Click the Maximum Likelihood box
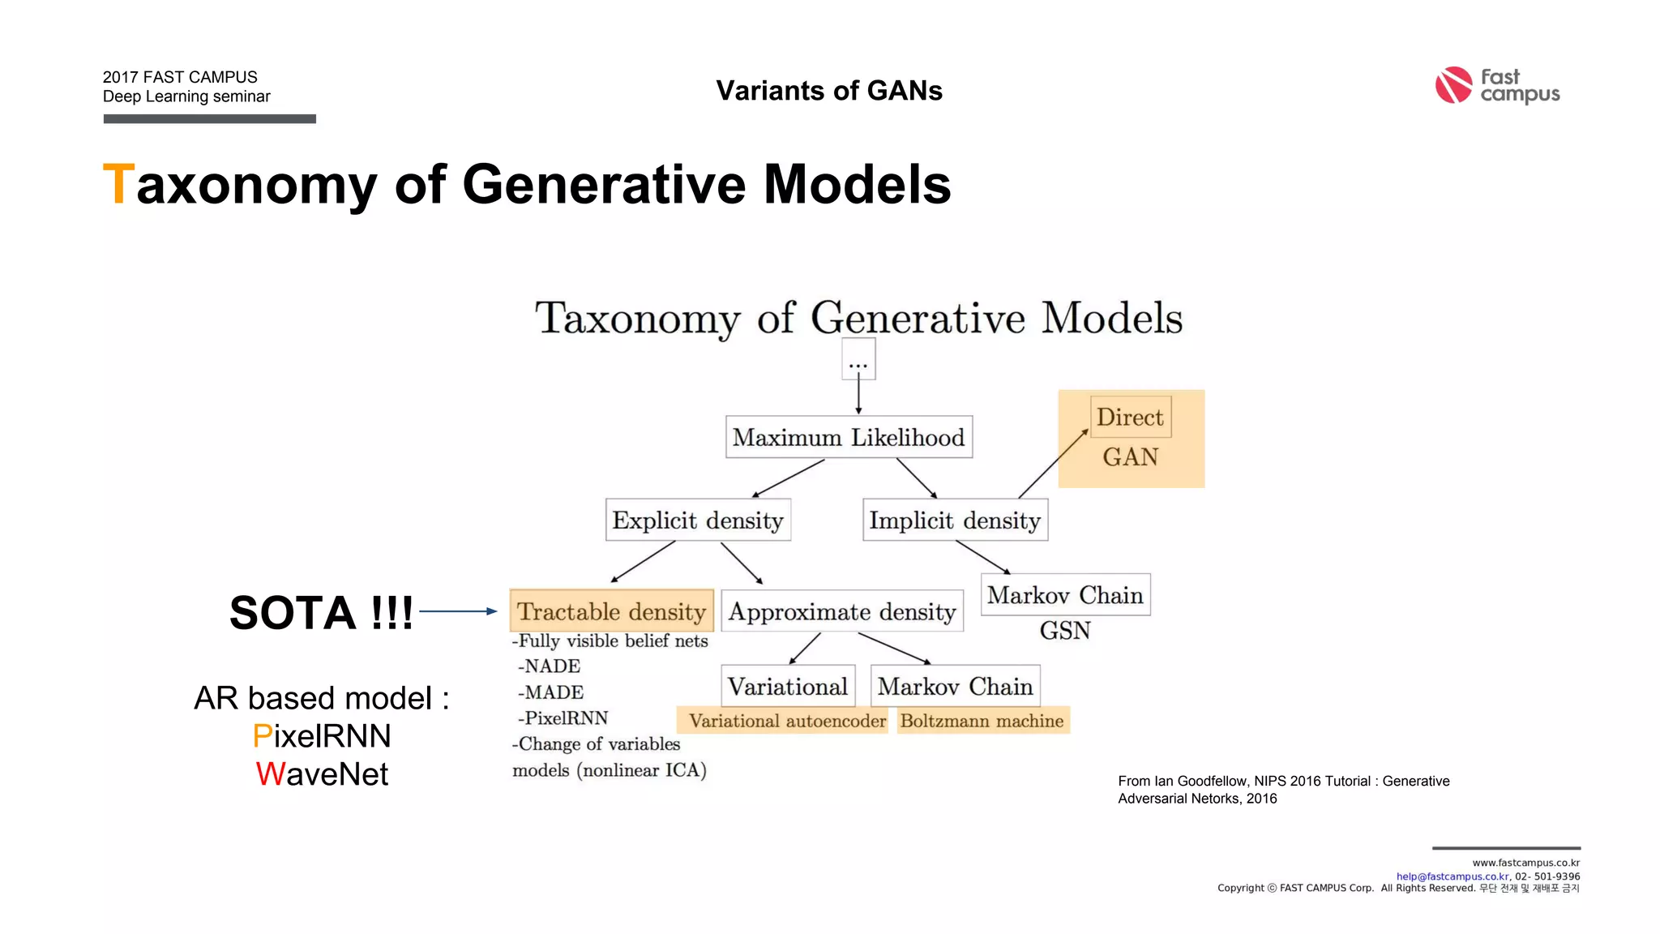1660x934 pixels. (849, 438)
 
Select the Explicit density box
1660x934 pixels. (698, 521)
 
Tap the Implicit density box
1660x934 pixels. (955, 521)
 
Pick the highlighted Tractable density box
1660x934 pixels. (611, 611)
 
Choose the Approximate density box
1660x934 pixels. (842, 611)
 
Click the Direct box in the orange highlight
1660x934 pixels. (1130, 418)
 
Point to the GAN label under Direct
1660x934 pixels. (1130, 457)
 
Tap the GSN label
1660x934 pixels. (1065, 631)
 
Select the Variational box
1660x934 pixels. (788, 687)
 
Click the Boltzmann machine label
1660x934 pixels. (982, 721)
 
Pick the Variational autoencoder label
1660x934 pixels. (787, 721)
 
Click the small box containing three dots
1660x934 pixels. (858, 361)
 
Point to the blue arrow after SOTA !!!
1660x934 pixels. (458, 611)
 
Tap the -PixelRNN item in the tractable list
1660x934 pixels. (563, 718)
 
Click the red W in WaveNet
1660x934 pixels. (271, 774)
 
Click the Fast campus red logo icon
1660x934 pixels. (1453, 85)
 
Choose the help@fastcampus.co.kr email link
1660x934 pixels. (1452, 876)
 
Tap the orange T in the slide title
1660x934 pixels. (118, 184)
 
